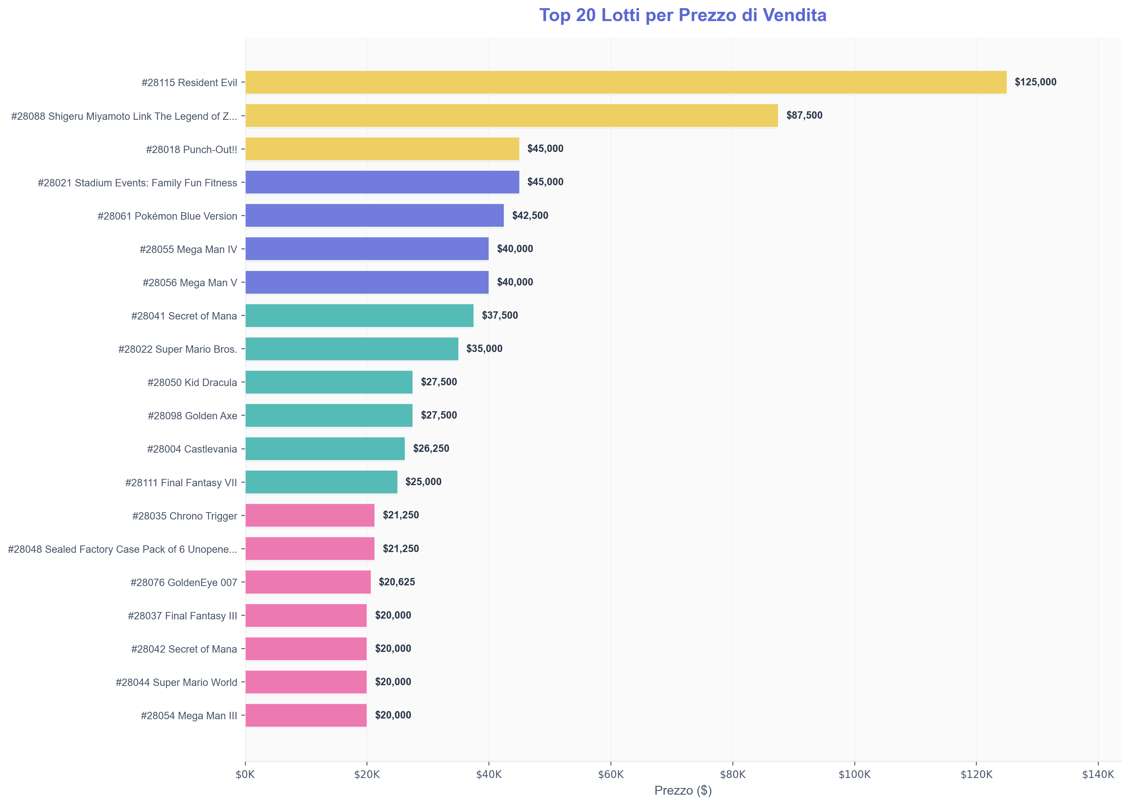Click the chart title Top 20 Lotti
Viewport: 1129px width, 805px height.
pos(682,16)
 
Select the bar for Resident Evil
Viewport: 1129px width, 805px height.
pos(625,82)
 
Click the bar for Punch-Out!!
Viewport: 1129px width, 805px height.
pos(382,149)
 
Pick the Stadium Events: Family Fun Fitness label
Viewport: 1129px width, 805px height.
pos(137,183)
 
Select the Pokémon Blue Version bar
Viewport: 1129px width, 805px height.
pos(374,216)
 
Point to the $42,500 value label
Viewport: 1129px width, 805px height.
pos(530,216)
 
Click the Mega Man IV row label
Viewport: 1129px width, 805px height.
pos(188,249)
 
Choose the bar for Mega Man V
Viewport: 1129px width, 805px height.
pos(367,282)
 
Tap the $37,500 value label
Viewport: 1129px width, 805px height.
pos(499,315)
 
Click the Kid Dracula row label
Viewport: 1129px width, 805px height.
pos(192,383)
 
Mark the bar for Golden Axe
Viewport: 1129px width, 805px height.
pos(329,415)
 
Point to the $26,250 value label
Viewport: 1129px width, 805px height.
pos(431,449)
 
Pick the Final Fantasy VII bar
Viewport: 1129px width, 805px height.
pos(321,482)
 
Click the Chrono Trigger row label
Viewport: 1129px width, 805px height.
pos(184,516)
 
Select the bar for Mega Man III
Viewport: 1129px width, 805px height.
pos(306,715)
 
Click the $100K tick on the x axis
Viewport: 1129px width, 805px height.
pos(854,775)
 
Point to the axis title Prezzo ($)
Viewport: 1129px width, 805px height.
pos(683,791)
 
